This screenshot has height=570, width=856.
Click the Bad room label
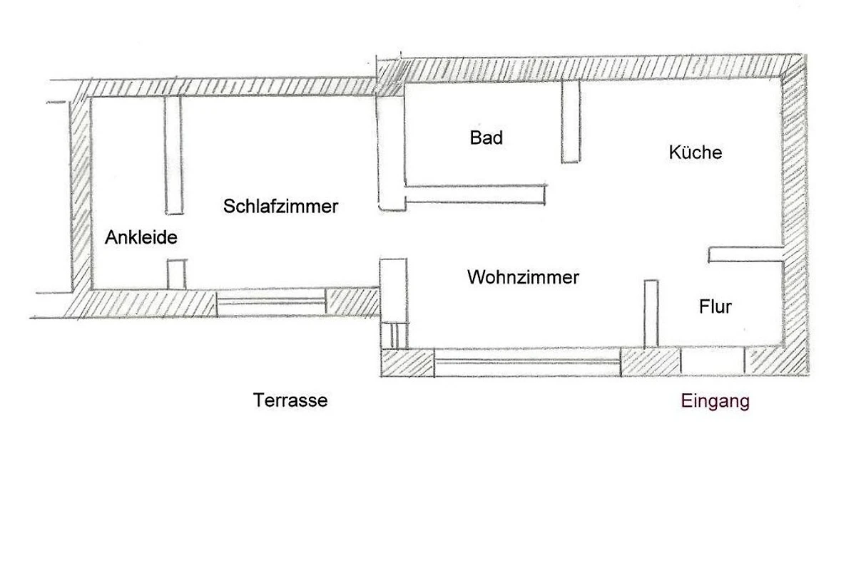pyautogui.click(x=486, y=138)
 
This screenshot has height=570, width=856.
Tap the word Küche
pyautogui.click(x=695, y=152)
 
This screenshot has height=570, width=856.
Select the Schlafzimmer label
pyautogui.click(x=280, y=207)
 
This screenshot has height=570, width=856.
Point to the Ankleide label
pyautogui.click(x=141, y=238)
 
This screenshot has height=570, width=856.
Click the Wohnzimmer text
pyautogui.click(x=523, y=277)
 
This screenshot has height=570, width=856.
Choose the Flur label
pyautogui.click(x=715, y=307)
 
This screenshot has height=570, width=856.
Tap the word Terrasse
pyautogui.click(x=290, y=400)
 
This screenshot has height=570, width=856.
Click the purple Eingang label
pyautogui.click(x=715, y=401)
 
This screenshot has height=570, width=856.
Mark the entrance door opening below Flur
pyautogui.click(x=713, y=361)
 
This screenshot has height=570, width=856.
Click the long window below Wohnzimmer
pyautogui.click(x=527, y=361)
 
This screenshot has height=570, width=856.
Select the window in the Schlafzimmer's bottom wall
pyautogui.click(x=271, y=302)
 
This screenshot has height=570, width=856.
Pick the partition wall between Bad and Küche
pyautogui.click(x=570, y=122)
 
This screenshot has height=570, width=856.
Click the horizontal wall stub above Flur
pyautogui.click(x=746, y=254)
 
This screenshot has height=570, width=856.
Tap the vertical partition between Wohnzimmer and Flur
pyautogui.click(x=651, y=313)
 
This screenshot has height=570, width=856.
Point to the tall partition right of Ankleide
pyautogui.click(x=173, y=155)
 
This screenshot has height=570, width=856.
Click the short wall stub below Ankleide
pyautogui.click(x=176, y=274)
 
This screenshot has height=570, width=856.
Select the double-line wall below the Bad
pyautogui.click(x=475, y=195)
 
